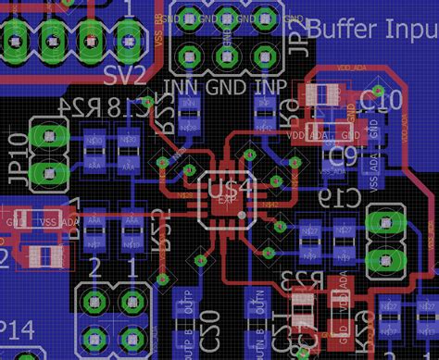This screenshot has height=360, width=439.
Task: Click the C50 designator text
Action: tap(210, 319)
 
